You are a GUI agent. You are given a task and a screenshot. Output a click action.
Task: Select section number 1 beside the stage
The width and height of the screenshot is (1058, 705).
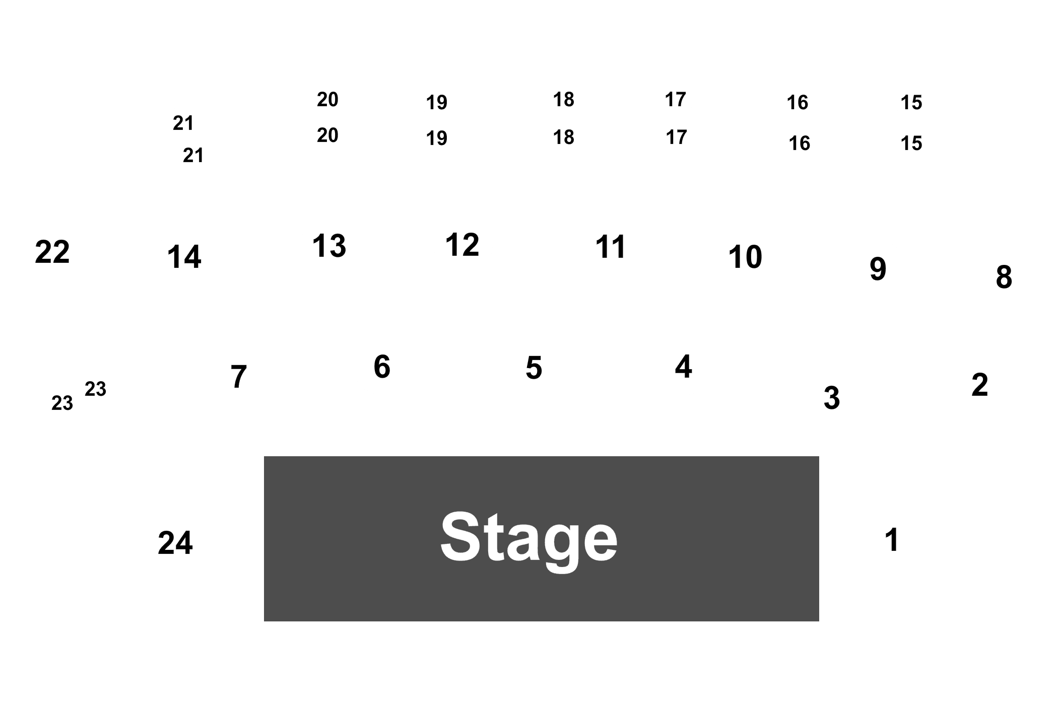pyautogui.click(x=892, y=540)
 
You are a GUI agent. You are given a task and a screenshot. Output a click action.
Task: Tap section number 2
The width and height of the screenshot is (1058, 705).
pyautogui.click(x=979, y=385)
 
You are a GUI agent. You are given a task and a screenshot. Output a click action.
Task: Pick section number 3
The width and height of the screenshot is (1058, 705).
pyautogui.click(x=831, y=398)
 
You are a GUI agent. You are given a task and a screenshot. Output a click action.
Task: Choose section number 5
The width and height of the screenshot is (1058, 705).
pyautogui.click(x=534, y=368)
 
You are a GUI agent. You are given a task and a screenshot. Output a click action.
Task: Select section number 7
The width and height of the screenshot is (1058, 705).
pyautogui.click(x=238, y=376)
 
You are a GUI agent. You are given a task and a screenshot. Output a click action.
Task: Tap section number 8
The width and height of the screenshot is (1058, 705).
pyautogui.click(x=1004, y=277)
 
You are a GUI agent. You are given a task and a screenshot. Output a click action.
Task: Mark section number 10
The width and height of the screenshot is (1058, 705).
pyautogui.click(x=745, y=257)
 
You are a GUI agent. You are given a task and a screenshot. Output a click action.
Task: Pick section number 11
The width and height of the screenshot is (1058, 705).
pyautogui.click(x=611, y=247)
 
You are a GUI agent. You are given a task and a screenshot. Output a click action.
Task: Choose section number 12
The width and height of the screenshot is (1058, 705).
pyautogui.click(x=462, y=245)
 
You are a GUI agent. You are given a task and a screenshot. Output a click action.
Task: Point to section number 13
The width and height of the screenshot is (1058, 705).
pyautogui.click(x=329, y=246)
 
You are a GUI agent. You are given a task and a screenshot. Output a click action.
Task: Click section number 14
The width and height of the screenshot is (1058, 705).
pyautogui.click(x=184, y=257)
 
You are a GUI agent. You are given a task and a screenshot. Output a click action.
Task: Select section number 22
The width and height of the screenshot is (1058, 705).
pyautogui.click(x=52, y=252)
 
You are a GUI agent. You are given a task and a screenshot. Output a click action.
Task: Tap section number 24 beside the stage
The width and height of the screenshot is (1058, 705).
pyautogui.click(x=175, y=543)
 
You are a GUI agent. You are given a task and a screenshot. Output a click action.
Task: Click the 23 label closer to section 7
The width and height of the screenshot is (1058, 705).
pyautogui.click(x=95, y=389)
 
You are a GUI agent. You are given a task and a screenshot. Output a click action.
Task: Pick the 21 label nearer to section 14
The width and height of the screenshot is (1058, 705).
pyautogui.click(x=193, y=156)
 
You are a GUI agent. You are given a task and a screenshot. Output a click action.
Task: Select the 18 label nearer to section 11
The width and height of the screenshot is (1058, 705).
pyautogui.click(x=563, y=137)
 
